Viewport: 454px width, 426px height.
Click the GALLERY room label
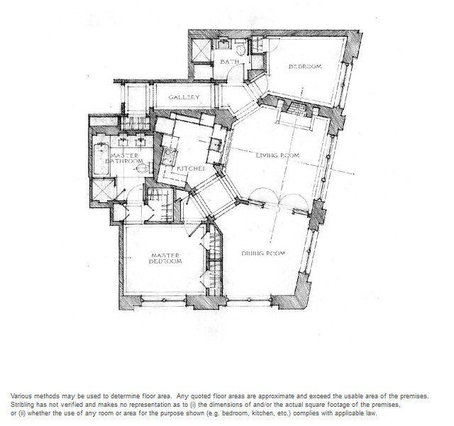(184, 97)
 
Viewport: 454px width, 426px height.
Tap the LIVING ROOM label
(277, 155)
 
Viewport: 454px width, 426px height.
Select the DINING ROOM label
(263, 253)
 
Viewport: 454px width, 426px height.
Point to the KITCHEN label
(191, 168)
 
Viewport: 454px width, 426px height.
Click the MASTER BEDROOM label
(165, 258)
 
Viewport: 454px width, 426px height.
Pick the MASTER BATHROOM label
(125, 158)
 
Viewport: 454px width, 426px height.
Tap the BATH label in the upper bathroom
(230, 62)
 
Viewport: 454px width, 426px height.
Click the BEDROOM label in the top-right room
(305, 66)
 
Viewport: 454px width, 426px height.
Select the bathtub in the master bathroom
(100, 158)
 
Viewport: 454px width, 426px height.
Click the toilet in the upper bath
(241, 49)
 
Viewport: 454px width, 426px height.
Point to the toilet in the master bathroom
(144, 168)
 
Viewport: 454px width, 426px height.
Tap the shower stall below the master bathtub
(101, 190)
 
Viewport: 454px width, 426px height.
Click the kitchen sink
(216, 144)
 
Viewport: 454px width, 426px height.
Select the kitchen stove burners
(170, 156)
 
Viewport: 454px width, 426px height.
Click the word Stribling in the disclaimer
(23, 405)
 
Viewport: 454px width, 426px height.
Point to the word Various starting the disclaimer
(21, 396)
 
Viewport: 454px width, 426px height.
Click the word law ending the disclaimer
(372, 413)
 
